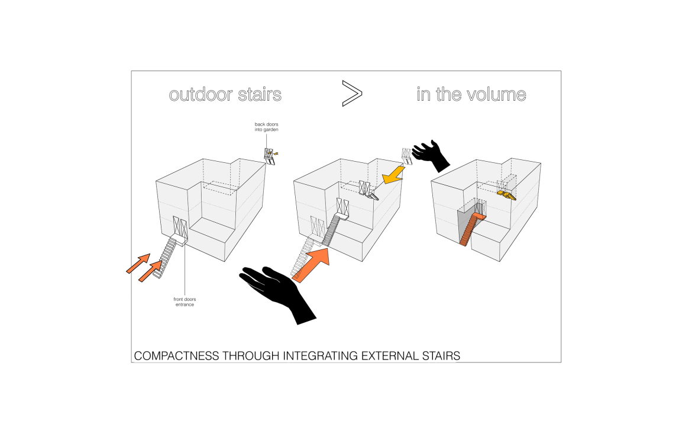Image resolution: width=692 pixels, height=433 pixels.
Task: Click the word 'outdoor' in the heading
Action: pos(198,94)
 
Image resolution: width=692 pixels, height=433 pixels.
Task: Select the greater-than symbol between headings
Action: pos(351,94)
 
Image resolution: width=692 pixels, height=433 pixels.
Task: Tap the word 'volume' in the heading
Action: pos(496,94)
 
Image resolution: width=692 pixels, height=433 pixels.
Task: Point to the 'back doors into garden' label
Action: pos(266,126)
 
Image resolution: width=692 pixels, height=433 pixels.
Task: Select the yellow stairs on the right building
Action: pos(506,194)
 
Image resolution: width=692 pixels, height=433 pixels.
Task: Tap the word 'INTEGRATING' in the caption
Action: pos(327,356)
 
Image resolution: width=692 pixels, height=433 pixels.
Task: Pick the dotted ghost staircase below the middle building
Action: pos(308,252)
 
